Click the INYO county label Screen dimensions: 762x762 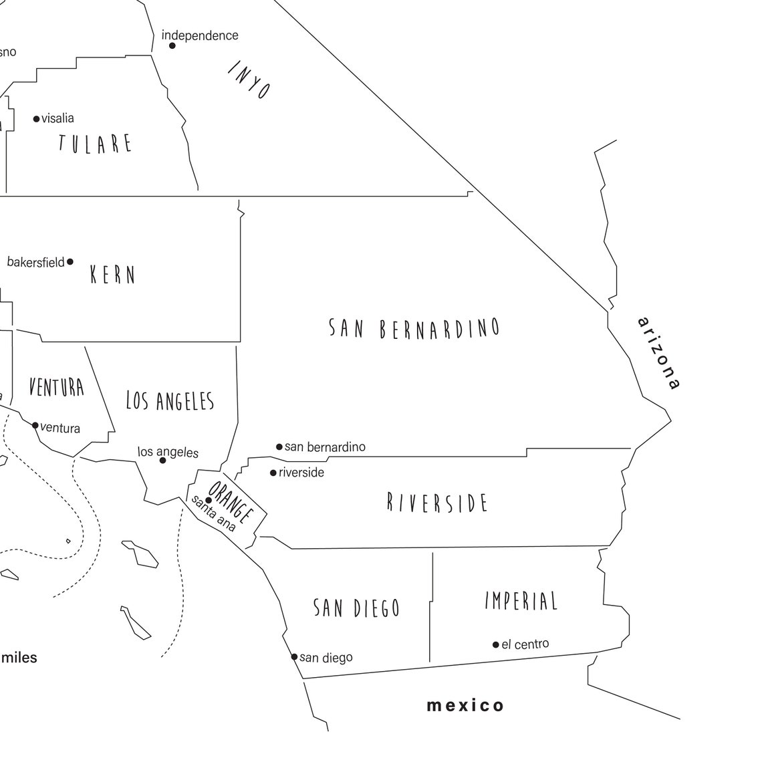(249, 80)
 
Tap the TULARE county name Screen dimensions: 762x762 (96, 144)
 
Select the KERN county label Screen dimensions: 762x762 (113, 275)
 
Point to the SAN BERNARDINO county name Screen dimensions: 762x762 (414, 328)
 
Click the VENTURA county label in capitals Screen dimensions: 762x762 (57, 387)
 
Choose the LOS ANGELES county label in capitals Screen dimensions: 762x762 (170, 400)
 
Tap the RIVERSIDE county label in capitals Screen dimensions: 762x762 (438, 503)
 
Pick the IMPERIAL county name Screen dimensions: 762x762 (521, 601)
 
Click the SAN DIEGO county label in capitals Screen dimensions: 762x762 (357, 608)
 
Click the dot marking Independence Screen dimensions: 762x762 (172, 45)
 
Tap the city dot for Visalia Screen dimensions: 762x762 (37, 119)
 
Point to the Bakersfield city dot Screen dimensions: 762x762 (70, 262)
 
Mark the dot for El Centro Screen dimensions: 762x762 (496, 645)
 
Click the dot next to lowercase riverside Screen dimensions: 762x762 (273, 473)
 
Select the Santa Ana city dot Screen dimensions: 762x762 (209, 500)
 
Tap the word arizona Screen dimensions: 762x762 (659, 352)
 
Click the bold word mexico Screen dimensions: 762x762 (466, 705)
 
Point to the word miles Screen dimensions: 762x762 (19, 658)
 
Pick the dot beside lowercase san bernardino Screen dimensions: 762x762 (279, 447)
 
